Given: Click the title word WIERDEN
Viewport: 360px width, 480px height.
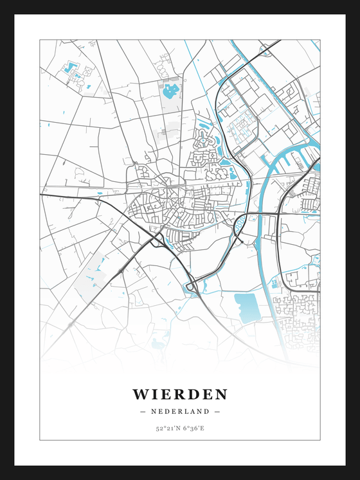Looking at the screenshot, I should (180, 393).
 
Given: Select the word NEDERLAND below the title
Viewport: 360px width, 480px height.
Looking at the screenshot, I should (180, 411).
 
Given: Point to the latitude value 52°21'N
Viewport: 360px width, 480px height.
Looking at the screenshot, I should (166, 427).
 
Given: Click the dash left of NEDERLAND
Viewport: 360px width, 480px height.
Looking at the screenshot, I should (143, 411).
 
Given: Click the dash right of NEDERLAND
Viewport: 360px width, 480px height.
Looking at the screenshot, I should (217, 411).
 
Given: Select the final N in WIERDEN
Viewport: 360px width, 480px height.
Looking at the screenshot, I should (221, 393).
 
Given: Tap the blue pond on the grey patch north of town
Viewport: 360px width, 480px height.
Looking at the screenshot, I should (171, 91).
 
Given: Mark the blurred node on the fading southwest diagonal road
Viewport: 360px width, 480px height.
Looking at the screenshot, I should (70, 326).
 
